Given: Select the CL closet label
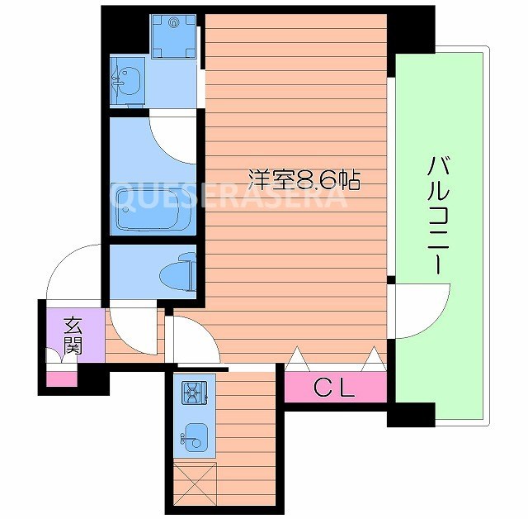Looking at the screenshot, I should [334, 388].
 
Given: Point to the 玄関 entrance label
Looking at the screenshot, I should [73, 335].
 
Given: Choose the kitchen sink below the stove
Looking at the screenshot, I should [195, 438].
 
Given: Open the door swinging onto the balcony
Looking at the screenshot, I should [421, 310].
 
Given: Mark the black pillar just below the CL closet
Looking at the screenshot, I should [410, 413].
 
